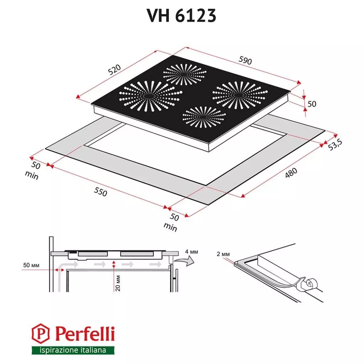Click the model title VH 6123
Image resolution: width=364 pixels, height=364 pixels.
pos(181,15)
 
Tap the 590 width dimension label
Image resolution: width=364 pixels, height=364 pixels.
pos(245,61)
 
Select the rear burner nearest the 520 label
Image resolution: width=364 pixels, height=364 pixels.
pos(184,75)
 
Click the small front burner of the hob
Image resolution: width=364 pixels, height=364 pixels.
pos(204,117)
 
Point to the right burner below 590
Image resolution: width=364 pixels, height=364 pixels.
pos(240,95)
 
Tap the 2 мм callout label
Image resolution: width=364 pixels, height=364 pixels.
pos(223,254)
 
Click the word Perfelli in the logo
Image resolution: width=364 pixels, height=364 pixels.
pos(84,334)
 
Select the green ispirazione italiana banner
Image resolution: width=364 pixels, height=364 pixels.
pos(73,350)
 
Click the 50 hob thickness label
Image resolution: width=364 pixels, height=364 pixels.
pos(312,104)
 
